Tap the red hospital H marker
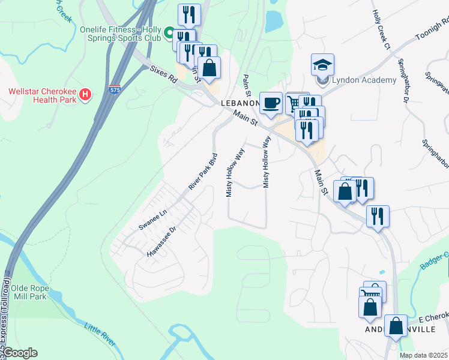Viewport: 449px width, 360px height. [x=85, y=94]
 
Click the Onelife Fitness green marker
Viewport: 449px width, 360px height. [x=169, y=32]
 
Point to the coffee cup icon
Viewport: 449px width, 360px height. [x=271, y=103]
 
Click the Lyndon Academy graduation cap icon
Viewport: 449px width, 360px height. [x=322, y=64]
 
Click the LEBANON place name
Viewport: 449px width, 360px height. [x=239, y=103]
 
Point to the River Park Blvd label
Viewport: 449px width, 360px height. [x=203, y=172]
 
